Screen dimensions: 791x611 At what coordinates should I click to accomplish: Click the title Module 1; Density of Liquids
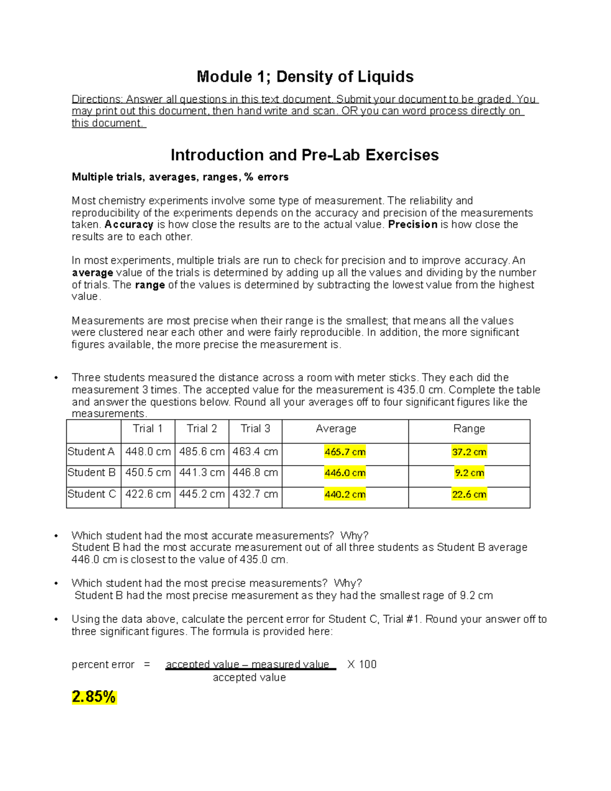(305, 77)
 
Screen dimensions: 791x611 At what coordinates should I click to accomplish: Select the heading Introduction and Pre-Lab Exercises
(304, 155)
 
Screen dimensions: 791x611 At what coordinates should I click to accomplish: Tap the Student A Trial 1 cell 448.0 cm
(148, 452)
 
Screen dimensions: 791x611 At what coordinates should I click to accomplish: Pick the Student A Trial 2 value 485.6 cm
(202, 452)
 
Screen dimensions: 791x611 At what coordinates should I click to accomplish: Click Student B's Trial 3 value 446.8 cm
(255, 473)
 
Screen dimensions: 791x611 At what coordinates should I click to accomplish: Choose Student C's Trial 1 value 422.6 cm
(148, 494)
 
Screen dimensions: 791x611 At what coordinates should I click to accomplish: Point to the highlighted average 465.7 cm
(345, 452)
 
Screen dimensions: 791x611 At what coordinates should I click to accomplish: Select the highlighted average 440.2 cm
(345, 495)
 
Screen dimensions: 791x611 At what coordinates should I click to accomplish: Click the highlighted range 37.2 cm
(469, 452)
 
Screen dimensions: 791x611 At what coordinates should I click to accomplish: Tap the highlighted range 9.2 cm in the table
(469, 473)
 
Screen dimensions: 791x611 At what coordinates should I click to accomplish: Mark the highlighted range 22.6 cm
(469, 495)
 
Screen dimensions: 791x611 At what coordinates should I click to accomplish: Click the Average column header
(336, 429)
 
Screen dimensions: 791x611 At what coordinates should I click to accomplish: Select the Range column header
(469, 429)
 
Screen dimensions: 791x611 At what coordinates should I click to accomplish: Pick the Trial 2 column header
(202, 429)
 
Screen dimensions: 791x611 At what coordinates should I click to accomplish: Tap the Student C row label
(92, 494)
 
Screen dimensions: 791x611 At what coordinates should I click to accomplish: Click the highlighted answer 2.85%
(94, 697)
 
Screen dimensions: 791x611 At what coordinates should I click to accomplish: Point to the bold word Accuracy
(129, 225)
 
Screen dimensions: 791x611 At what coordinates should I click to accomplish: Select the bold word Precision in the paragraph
(412, 225)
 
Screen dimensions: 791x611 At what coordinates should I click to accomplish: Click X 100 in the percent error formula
(362, 665)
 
